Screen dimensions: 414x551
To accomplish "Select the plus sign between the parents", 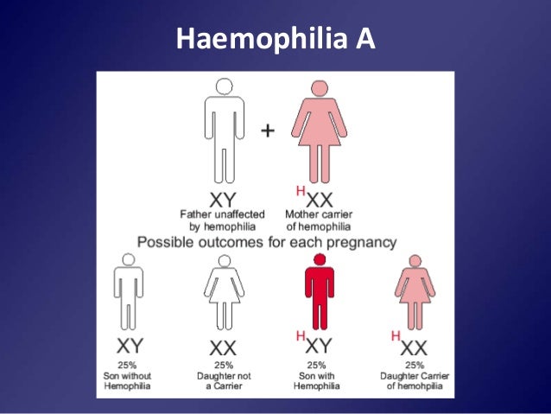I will coord(269,131).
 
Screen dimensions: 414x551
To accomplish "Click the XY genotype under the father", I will coord(223,198).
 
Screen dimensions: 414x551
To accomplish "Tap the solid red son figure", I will coord(319,294).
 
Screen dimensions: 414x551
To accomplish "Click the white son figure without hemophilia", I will coord(128,294).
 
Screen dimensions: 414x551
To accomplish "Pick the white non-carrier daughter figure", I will coord(224,294).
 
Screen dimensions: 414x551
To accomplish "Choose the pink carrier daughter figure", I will coord(415,294).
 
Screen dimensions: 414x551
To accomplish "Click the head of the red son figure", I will coord(319,259).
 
